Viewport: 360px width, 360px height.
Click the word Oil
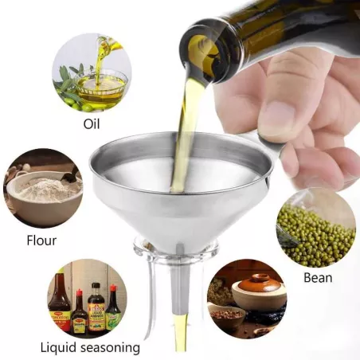[92, 123]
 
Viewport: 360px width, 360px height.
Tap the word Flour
[41, 241]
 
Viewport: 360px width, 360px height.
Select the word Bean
[318, 278]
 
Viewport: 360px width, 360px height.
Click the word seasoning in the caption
[111, 348]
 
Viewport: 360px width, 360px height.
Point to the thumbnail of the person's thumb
[276, 118]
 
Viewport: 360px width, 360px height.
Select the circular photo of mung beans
[316, 228]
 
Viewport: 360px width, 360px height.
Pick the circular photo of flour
[43, 188]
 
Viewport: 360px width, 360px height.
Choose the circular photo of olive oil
[92, 73]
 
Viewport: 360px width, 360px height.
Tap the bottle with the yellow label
[79, 312]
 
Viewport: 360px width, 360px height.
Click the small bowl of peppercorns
[227, 316]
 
